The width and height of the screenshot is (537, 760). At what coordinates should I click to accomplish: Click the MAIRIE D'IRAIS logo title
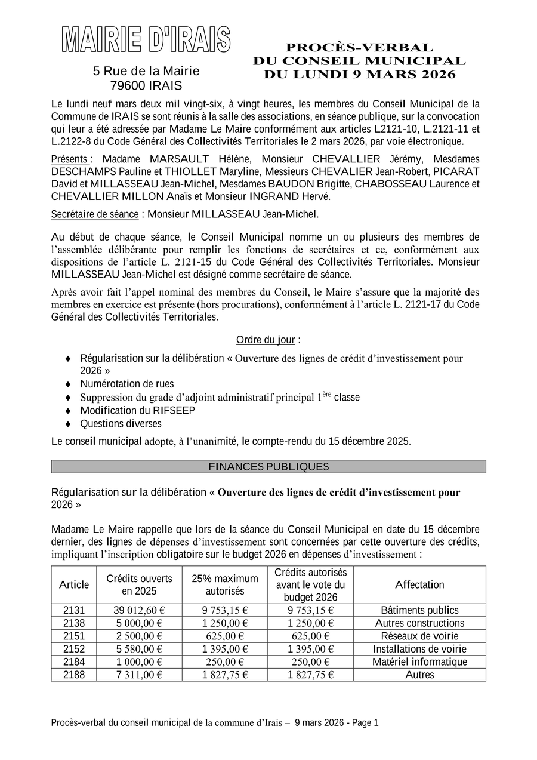tap(146, 40)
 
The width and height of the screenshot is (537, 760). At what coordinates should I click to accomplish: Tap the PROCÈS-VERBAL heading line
tap(359, 47)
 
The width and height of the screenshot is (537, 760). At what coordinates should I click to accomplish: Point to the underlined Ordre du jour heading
tap(266, 340)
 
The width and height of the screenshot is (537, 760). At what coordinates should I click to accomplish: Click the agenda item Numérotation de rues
tap(127, 384)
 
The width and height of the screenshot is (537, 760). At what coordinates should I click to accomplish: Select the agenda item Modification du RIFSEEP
tap(137, 410)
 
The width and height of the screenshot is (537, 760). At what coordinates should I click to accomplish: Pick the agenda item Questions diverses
tap(121, 423)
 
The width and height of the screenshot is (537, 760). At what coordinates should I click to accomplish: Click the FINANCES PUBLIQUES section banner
tap(268, 466)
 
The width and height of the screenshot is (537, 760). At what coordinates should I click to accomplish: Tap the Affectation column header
tap(419, 584)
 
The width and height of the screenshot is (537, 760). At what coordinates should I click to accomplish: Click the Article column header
tap(74, 584)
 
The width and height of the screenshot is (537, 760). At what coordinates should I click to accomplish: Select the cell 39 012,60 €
tap(139, 610)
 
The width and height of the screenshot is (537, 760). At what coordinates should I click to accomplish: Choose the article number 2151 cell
tap(74, 636)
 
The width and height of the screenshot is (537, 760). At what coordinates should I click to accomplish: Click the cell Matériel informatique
tap(419, 661)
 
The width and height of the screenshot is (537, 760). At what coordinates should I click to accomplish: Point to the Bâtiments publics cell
tap(419, 610)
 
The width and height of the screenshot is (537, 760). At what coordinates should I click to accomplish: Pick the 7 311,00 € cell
tap(139, 675)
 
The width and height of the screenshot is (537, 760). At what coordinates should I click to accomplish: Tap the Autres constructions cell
tap(419, 623)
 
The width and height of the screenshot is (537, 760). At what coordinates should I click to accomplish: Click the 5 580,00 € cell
tap(139, 649)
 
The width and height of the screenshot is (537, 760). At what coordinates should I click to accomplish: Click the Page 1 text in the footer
tap(365, 722)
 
